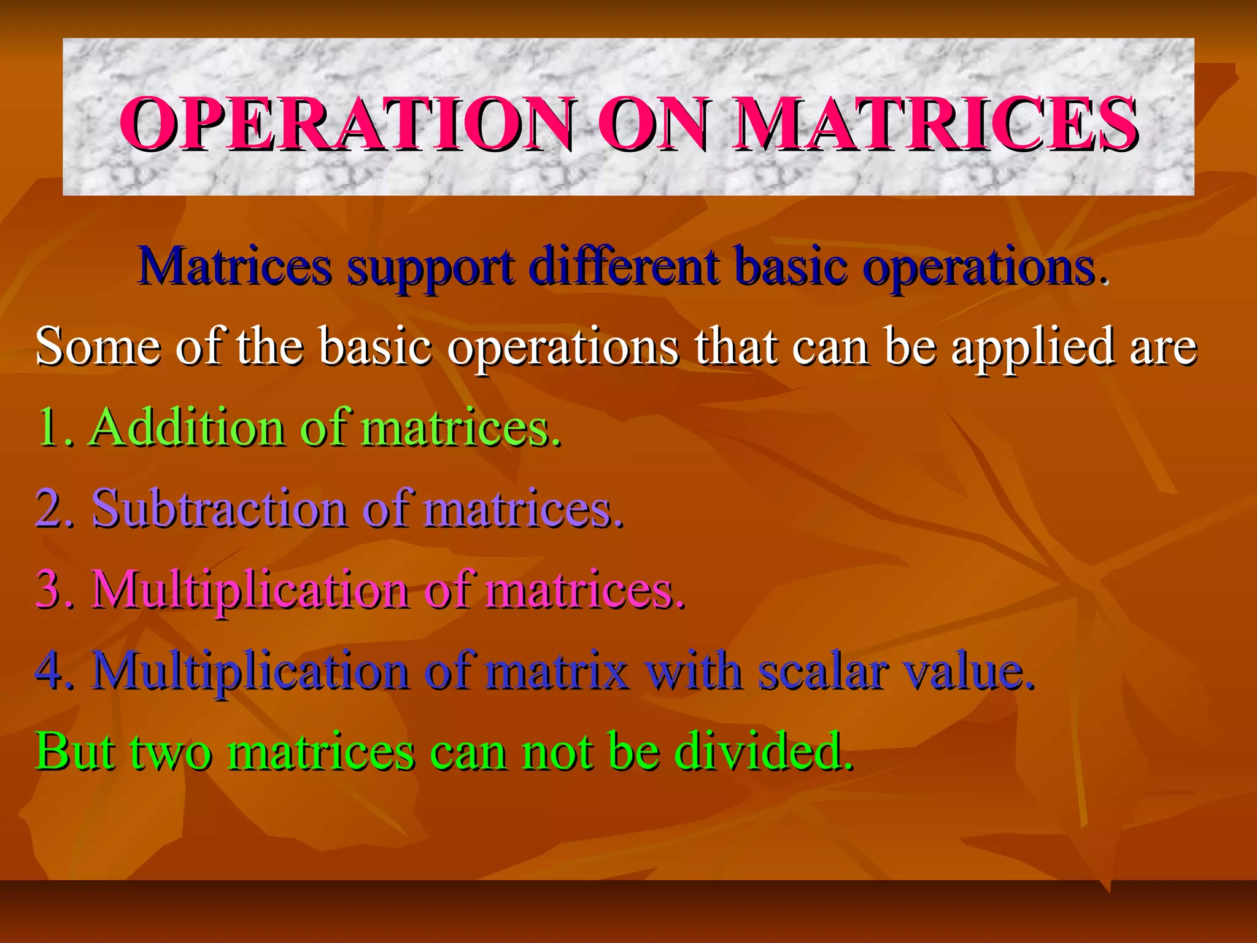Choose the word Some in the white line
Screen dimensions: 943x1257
[98, 346]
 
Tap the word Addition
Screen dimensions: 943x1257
[187, 427]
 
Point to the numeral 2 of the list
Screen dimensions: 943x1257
[52, 509]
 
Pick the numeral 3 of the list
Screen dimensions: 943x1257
[52, 590]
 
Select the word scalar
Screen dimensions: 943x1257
[823, 671]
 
